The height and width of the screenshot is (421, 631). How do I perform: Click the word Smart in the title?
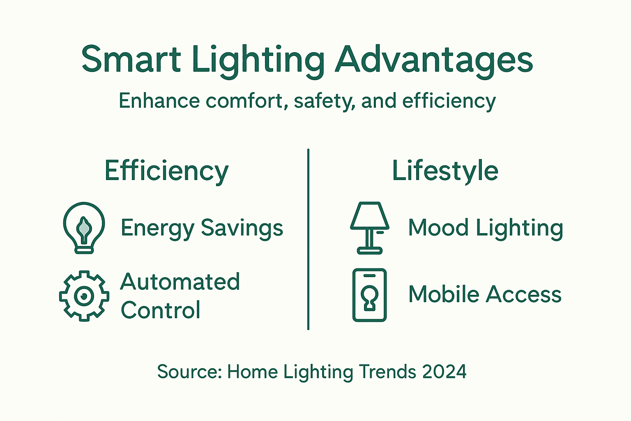click(131, 60)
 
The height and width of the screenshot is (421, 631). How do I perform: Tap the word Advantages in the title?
click(434, 60)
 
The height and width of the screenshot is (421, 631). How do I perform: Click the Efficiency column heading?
click(166, 171)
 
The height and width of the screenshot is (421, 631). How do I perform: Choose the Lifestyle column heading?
click(445, 171)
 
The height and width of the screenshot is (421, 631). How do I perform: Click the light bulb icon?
click(84, 227)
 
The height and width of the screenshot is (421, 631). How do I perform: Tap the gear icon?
click(84, 296)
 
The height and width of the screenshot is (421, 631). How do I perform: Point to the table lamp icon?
click(369, 227)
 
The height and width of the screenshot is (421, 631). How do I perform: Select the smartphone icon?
click(369, 295)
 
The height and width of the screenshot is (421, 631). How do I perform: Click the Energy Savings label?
click(202, 228)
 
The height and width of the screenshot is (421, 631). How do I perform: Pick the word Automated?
click(180, 282)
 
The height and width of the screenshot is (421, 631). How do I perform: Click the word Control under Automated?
click(161, 310)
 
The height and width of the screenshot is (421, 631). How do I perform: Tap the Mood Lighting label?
click(485, 228)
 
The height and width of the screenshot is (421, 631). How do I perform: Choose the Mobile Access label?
click(485, 295)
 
